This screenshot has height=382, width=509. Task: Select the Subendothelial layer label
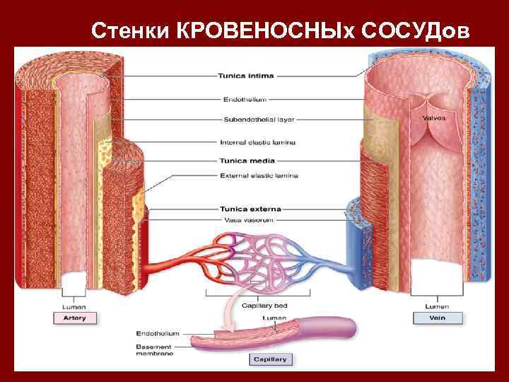click(x=252, y=118)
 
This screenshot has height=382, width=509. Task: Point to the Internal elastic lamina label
click(x=258, y=142)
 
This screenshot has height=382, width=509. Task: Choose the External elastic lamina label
click(x=259, y=175)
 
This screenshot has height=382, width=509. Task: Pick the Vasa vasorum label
click(x=248, y=220)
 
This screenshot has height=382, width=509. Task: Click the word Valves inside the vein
click(x=434, y=118)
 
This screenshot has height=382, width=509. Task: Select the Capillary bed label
click(x=264, y=306)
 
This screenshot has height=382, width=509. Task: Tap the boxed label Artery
click(x=74, y=318)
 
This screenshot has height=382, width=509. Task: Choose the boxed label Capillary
click(x=271, y=359)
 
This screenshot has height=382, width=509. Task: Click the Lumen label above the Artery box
click(x=74, y=306)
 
